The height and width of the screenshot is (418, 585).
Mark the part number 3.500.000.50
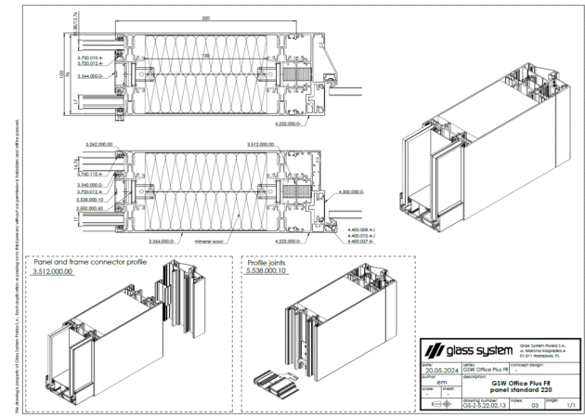click(x=98, y=209)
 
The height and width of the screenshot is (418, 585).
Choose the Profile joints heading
click(x=270, y=263)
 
